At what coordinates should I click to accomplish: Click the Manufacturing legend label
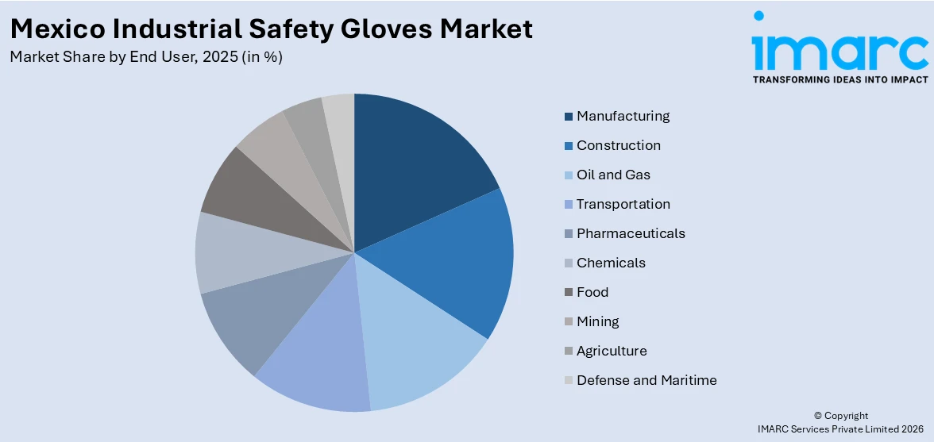[623, 116]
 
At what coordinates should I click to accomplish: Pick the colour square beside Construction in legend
[569, 146]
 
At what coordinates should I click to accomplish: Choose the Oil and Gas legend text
[613, 175]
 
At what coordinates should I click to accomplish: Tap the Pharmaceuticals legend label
[631, 233]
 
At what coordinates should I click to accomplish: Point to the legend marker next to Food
[569, 293]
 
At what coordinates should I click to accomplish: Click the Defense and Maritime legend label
[646, 380]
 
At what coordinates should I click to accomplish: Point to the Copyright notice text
[841, 416]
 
